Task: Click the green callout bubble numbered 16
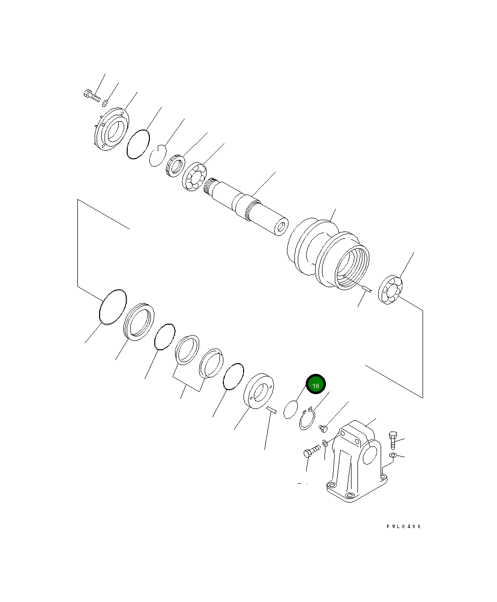point(316,385)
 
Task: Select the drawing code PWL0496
point(404,527)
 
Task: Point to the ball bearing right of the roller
point(392,290)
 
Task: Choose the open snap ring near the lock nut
point(158,156)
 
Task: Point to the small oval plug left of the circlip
point(290,409)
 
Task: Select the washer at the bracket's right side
point(392,456)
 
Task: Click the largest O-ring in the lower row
point(113,307)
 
